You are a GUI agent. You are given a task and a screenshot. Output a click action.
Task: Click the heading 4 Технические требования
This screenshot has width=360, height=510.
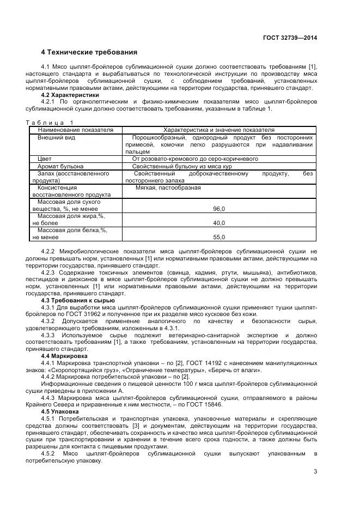click(x=89, y=52)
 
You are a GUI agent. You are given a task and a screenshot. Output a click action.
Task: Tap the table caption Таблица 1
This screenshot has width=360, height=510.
click(x=50, y=123)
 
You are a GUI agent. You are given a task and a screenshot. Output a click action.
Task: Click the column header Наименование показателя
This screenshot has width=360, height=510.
click(x=75, y=130)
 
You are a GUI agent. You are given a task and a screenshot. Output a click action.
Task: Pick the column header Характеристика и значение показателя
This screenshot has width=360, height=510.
click(x=219, y=130)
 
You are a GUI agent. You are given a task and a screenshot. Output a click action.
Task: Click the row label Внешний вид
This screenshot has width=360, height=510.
click(x=56, y=138)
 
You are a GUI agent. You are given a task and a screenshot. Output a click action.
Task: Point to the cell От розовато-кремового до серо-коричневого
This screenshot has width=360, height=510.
click(x=195, y=159)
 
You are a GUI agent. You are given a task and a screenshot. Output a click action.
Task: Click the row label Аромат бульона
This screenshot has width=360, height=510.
click(x=60, y=166)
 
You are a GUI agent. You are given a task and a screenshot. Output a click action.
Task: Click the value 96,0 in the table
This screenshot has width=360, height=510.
click(x=219, y=209)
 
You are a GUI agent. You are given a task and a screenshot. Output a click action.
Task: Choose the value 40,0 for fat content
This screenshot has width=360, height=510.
click(x=219, y=223)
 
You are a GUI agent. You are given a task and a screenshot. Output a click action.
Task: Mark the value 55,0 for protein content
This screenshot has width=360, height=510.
click(x=219, y=237)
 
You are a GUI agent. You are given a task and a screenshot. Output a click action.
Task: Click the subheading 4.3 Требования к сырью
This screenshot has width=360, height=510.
click(x=78, y=300)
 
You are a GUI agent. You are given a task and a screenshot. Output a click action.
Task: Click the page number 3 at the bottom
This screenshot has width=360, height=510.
click(x=315, y=472)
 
